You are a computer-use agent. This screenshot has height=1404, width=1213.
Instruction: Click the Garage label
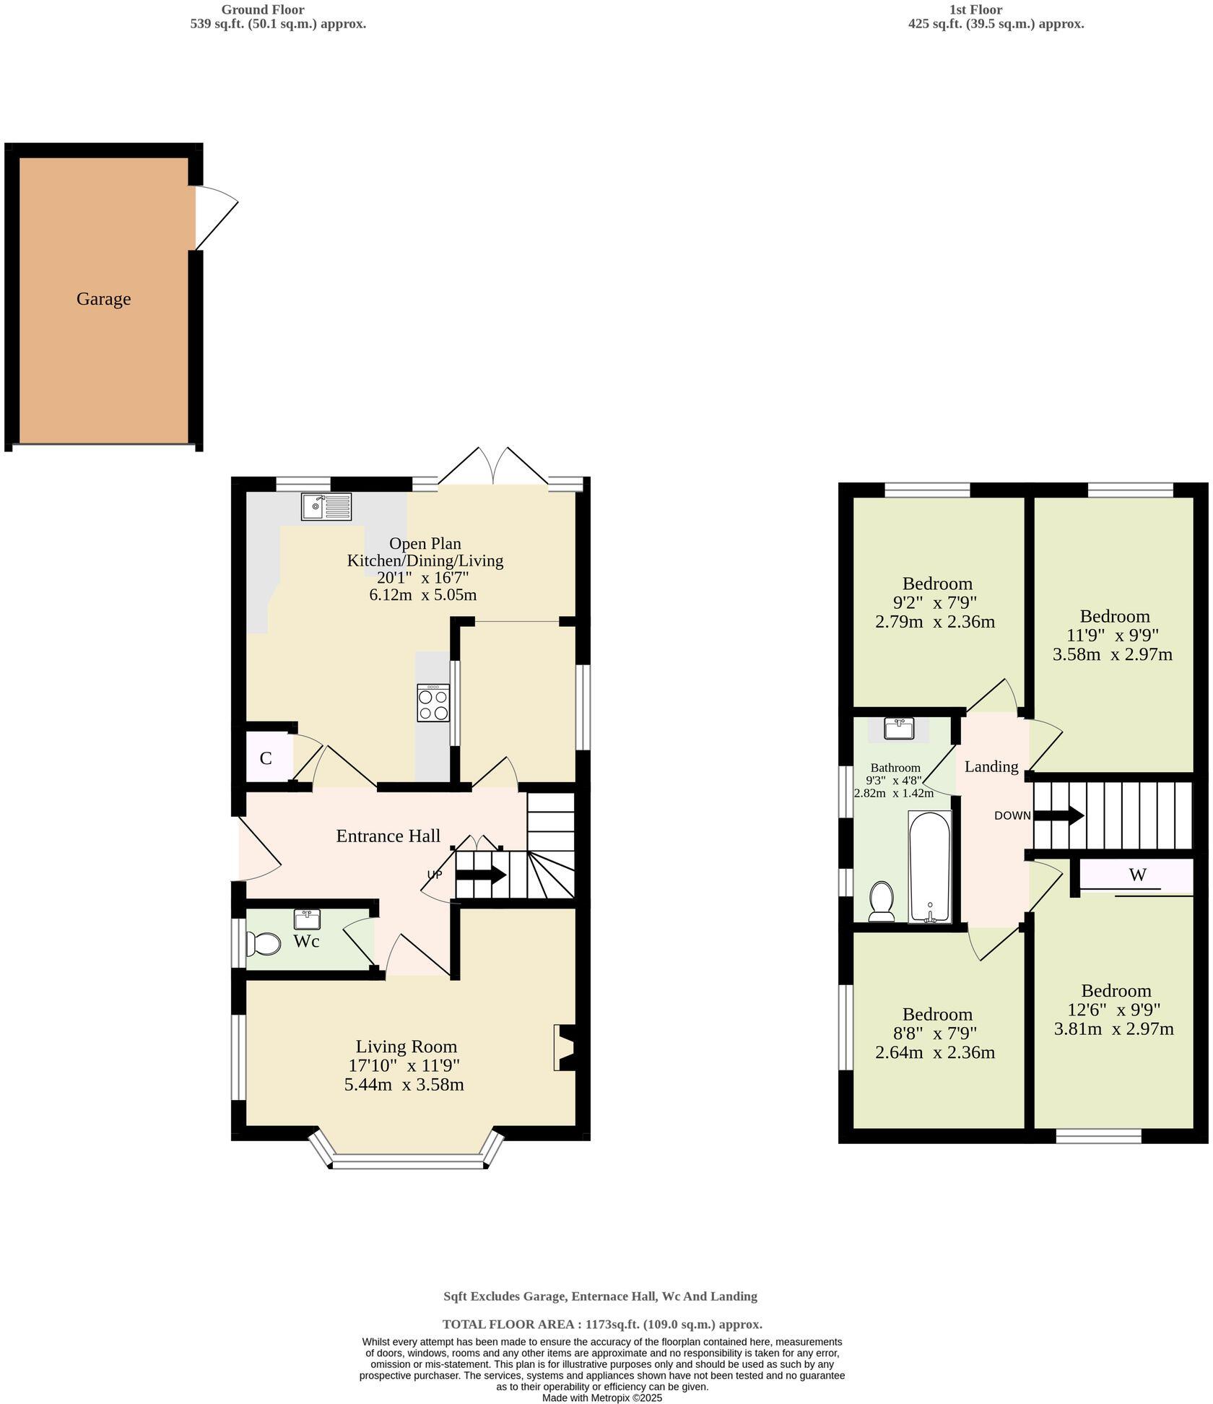[103, 299]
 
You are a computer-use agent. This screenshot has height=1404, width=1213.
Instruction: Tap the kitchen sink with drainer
[326, 506]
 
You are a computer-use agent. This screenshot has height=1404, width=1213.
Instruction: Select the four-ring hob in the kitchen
[433, 703]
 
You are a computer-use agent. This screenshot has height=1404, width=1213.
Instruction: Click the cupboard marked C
[266, 758]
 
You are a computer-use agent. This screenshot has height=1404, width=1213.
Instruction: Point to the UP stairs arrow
[481, 875]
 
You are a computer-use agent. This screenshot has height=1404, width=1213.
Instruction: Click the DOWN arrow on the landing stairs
[1059, 816]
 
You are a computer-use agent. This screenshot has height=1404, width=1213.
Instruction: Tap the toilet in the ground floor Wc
[264, 943]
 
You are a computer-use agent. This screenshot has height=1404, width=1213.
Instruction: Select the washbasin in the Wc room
[307, 920]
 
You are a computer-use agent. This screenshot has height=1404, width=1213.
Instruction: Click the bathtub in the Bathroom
[930, 867]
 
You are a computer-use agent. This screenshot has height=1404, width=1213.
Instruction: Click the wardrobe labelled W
[1136, 875]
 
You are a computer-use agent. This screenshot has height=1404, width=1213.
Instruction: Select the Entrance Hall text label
[388, 836]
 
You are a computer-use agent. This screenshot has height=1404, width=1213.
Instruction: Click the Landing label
[991, 766]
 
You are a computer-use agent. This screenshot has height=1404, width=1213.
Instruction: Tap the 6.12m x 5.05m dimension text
[422, 595]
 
